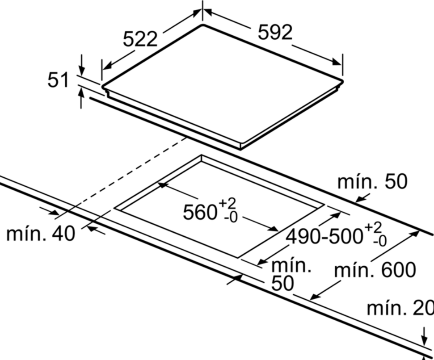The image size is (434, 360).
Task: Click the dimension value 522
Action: (x=140, y=39)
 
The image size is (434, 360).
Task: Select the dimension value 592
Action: (x=275, y=33)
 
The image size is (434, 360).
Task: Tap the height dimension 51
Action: (x=58, y=80)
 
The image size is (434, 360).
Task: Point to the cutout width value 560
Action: (x=199, y=213)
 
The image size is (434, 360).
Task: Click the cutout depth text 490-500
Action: (x=324, y=237)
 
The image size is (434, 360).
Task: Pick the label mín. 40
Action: (x=41, y=234)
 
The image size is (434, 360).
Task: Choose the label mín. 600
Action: (x=375, y=270)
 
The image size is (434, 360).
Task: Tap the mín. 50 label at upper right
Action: (x=373, y=182)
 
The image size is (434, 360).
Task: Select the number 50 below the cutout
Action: (x=282, y=284)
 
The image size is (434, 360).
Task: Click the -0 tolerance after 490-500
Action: (x=380, y=242)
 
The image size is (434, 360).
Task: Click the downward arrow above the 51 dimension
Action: (x=81, y=64)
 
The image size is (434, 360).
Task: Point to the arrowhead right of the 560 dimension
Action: (x=272, y=228)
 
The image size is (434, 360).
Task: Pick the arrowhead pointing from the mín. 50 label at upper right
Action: (x=360, y=198)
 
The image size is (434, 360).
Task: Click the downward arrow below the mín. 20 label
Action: (x=424, y=336)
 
